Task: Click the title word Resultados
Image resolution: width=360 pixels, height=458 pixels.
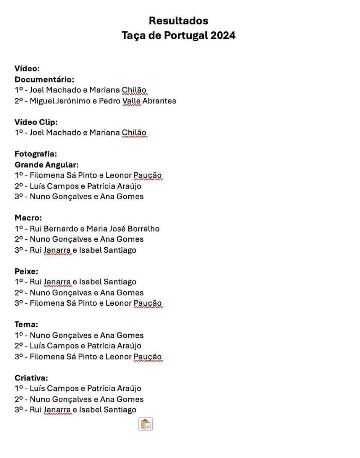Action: [178, 21]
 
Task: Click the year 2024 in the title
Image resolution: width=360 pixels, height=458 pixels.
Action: [223, 35]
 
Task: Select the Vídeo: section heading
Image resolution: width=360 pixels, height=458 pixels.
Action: [27, 69]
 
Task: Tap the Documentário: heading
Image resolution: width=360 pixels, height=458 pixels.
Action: [44, 79]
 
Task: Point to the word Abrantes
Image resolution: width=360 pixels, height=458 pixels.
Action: [159, 101]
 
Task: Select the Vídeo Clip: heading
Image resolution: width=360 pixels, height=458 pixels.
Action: [36, 122]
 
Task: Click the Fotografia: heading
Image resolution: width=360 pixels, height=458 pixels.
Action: [36, 154]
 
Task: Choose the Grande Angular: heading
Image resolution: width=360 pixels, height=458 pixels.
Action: [47, 165]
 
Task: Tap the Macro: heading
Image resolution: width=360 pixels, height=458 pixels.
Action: [28, 218]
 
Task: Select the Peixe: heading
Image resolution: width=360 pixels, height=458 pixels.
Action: [26, 271]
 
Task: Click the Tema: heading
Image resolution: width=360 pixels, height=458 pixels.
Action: [26, 324]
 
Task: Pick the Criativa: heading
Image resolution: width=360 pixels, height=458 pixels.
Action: [31, 378]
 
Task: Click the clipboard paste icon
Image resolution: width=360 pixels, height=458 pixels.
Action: [145, 424]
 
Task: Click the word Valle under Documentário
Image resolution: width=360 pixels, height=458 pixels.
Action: [131, 101]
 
